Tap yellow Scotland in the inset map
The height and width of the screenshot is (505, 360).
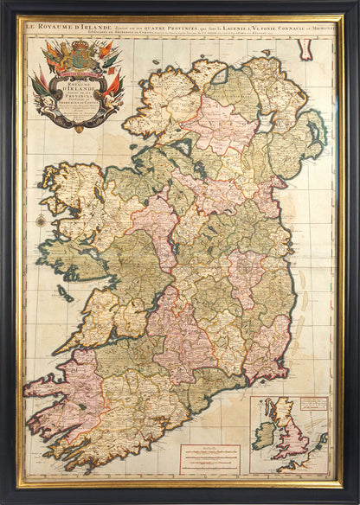pos(285,412)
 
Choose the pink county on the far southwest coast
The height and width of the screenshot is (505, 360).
pos(52,406)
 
